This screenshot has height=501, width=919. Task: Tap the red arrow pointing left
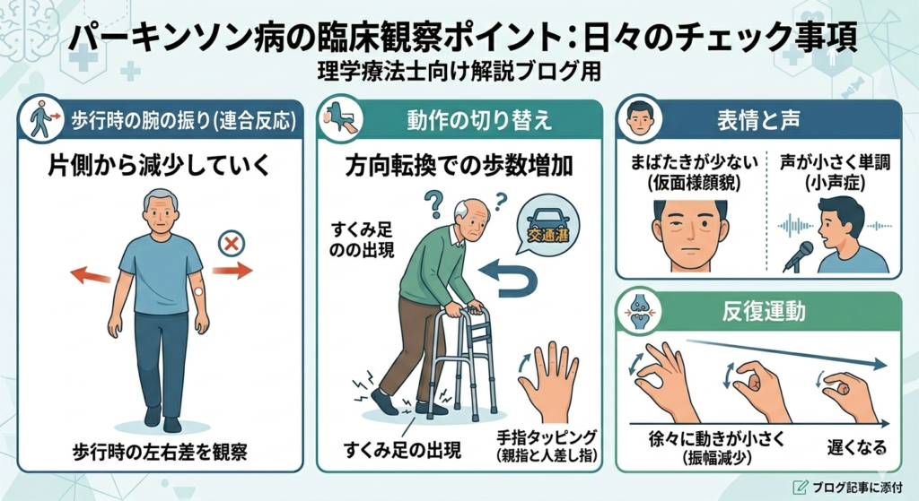[91, 274]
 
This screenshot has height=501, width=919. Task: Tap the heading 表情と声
[757, 121]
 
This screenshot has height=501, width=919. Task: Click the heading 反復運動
[763, 312]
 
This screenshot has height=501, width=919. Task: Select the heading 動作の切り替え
[479, 120]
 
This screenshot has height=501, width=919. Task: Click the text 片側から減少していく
[159, 166]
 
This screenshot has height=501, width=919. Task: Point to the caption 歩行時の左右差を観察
[160, 451]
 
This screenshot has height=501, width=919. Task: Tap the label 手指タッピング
[547, 436]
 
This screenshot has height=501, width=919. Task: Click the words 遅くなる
[856, 448]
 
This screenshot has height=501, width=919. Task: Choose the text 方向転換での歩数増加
[459, 166]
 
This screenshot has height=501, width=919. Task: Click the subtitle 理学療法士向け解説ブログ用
[459, 72]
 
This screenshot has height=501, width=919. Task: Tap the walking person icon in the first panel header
[42, 119]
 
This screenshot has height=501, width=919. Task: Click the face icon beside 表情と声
[639, 119]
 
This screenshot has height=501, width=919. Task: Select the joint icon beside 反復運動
[639, 311]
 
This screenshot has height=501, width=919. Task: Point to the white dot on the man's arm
[198, 291]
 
